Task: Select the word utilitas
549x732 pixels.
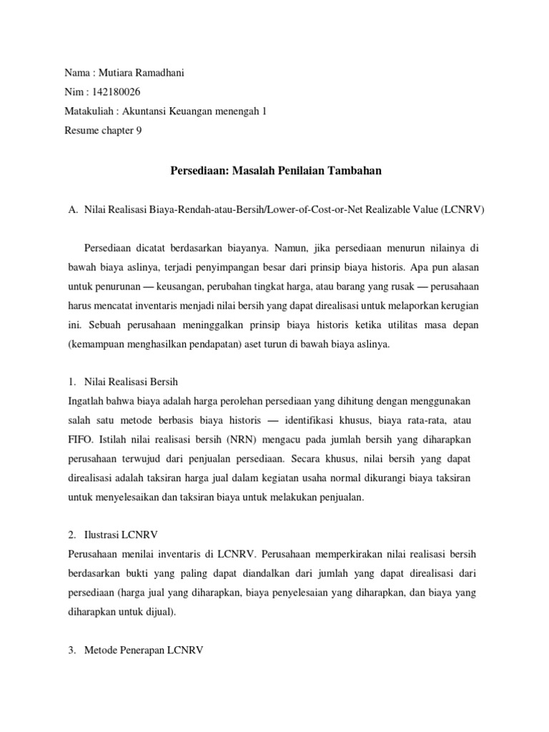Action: click(x=391, y=324)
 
